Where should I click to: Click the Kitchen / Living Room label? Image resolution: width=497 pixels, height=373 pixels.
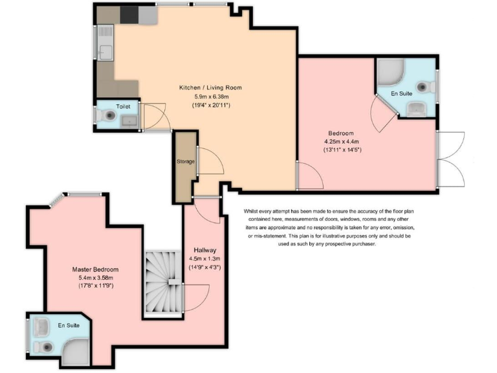210,87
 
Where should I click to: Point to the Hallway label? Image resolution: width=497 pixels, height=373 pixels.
204,250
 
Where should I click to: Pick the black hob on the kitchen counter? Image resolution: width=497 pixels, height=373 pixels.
129,14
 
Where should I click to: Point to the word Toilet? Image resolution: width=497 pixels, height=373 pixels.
123,106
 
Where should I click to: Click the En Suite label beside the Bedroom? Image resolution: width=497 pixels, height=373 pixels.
402,94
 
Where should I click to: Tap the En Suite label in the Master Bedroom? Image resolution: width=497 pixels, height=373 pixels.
69,325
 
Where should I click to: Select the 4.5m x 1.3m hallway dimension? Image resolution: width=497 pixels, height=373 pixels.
204,258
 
